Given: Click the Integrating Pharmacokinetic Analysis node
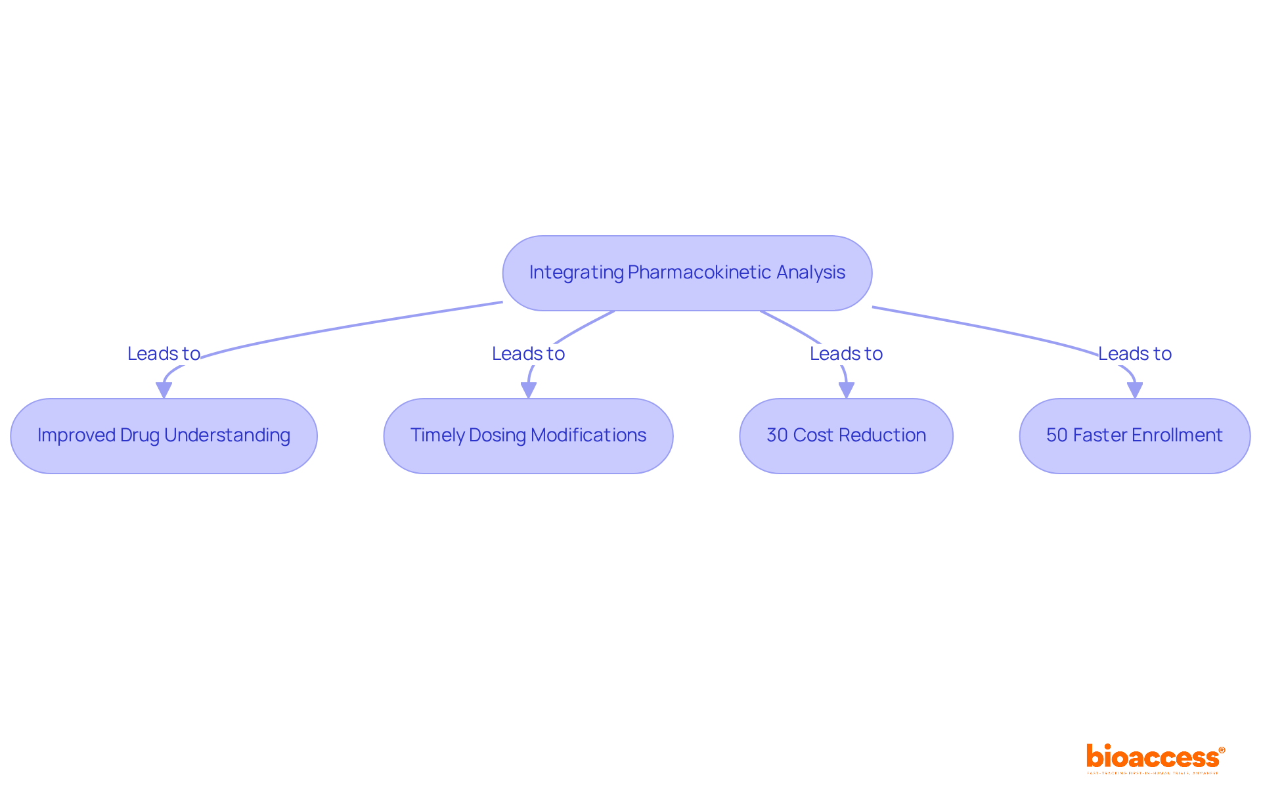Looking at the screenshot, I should (x=687, y=273).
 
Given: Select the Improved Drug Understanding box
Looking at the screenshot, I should (x=164, y=435).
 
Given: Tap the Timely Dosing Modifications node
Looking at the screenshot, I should (x=528, y=435).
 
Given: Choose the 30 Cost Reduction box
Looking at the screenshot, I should (x=846, y=435).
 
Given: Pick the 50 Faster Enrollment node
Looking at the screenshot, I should (x=1134, y=435).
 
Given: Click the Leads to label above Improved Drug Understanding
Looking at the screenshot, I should (x=164, y=353).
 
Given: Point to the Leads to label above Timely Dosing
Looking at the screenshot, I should (x=528, y=353).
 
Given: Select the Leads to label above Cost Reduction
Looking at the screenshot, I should (x=846, y=353).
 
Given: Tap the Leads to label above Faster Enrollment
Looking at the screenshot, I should (x=1134, y=353).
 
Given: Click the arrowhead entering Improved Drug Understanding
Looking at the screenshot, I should (x=164, y=390).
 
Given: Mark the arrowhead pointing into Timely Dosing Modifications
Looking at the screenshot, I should (x=528, y=390).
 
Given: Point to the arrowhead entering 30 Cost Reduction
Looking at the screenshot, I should (x=846, y=390).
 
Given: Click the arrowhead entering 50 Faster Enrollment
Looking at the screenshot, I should (x=1134, y=390).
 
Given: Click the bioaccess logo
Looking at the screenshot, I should (x=1155, y=758).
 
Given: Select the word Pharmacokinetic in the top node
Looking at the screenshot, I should (x=699, y=273).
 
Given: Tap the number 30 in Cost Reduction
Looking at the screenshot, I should (x=777, y=435).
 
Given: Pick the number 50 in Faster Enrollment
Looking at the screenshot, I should (x=1057, y=435).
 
